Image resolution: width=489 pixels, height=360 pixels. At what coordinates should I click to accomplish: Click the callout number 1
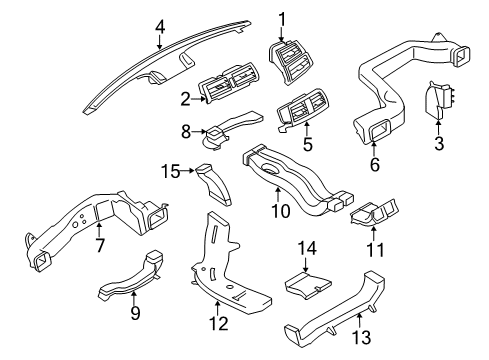[x=282, y=17]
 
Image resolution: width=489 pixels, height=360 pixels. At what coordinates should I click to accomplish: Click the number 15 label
[x=171, y=172]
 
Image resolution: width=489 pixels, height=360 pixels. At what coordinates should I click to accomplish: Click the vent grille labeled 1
[x=291, y=59]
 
